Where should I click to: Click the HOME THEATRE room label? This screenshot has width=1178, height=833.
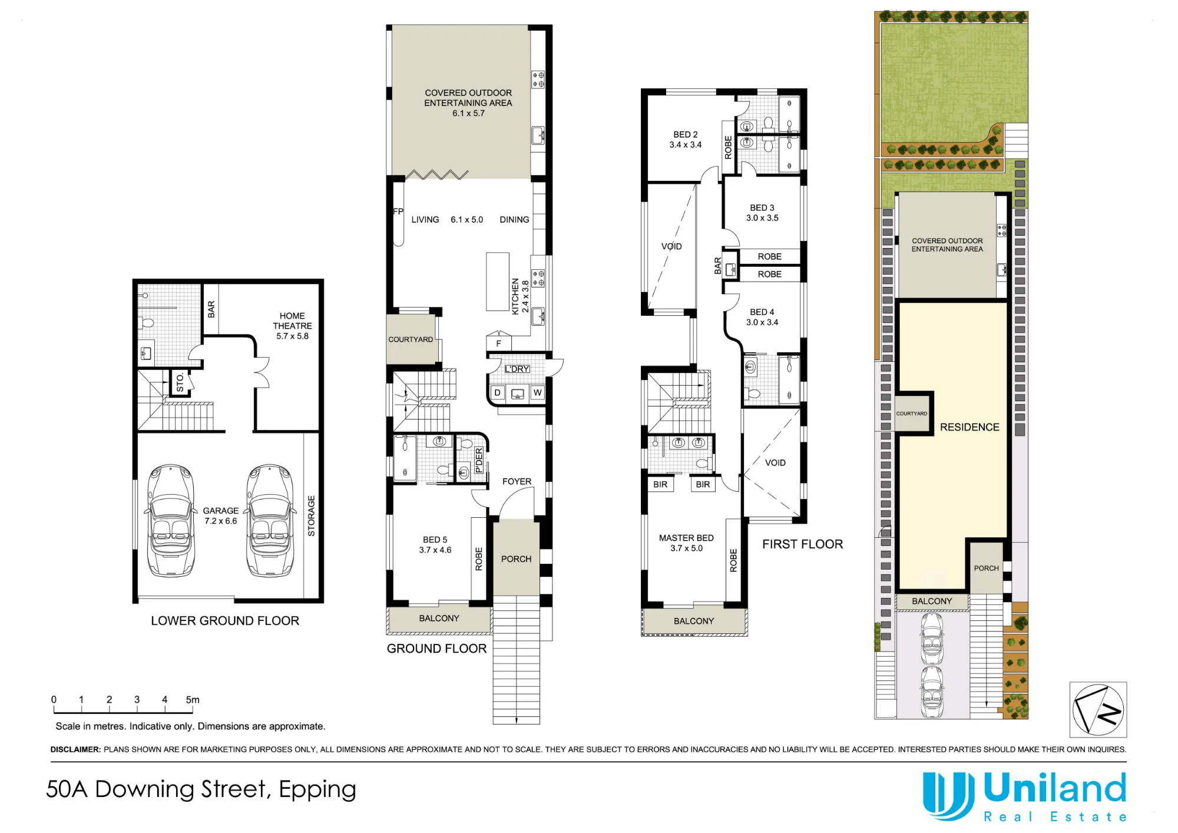(x=292, y=326)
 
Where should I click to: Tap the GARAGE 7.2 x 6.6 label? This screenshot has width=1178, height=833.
(x=221, y=515)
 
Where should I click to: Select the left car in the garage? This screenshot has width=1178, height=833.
(x=171, y=520)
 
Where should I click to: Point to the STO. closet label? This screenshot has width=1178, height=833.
(x=180, y=382)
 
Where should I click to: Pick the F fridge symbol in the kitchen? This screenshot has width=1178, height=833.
(x=498, y=343)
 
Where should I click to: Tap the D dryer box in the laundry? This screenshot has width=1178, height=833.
(x=498, y=392)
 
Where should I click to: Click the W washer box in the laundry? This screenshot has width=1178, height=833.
(x=537, y=392)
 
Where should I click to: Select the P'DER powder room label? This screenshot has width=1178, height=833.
(x=479, y=460)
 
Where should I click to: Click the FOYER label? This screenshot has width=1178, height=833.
(x=517, y=481)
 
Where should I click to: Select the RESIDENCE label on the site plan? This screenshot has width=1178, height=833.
(x=969, y=427)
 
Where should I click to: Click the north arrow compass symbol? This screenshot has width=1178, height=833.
(x=1098, y=709)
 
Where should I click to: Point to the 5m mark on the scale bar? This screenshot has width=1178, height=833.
(x=193, y=700)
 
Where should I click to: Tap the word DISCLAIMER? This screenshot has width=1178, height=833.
(x=75, y=749)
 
